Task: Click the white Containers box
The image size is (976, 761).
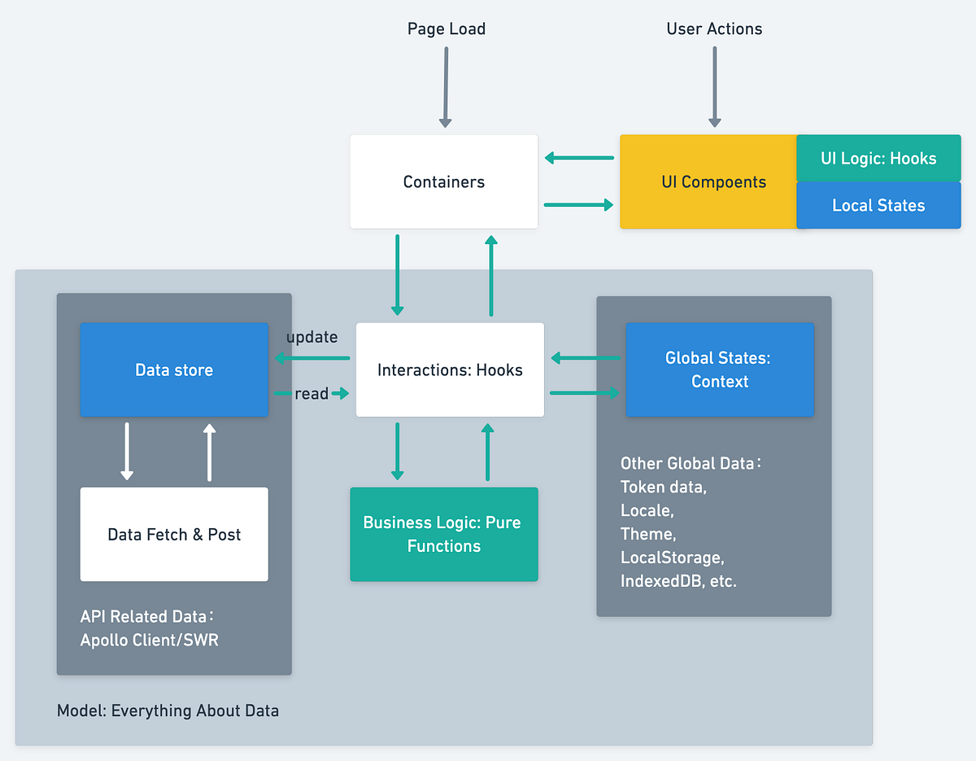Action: point(444,182)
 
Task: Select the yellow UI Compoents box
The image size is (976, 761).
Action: point(708,182)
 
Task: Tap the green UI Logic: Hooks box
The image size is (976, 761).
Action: point(878,158)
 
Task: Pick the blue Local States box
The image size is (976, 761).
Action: point(878,205)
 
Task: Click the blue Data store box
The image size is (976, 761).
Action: point(174,370)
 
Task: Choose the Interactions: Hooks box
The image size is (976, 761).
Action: point(450,370)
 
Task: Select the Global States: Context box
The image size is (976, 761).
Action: point(720,370)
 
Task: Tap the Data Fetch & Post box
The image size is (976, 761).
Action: point(174,534)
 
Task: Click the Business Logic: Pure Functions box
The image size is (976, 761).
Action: point(444,534)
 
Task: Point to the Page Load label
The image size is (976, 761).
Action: point(446,29)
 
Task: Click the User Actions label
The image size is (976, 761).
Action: point(714,29)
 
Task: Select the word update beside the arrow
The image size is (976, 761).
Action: point(312,337)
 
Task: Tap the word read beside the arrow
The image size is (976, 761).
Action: point(312,394)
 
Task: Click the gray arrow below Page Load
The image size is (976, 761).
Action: point(446,86)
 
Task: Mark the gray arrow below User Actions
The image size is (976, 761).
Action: point(715,86)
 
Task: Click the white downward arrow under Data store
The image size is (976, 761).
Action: point(127,451)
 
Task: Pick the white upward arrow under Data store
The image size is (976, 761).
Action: point(209,451)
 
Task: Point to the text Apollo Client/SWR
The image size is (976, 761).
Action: point(149,640)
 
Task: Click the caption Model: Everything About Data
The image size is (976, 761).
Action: point(168,711)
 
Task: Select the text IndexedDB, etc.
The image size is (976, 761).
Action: point(678,581)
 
